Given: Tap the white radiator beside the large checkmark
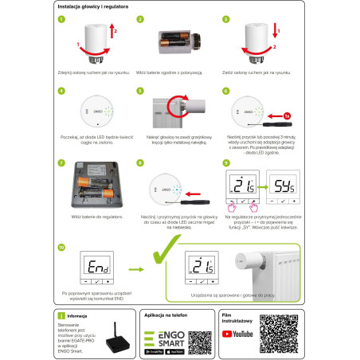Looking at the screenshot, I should click(x=279, y=271).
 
